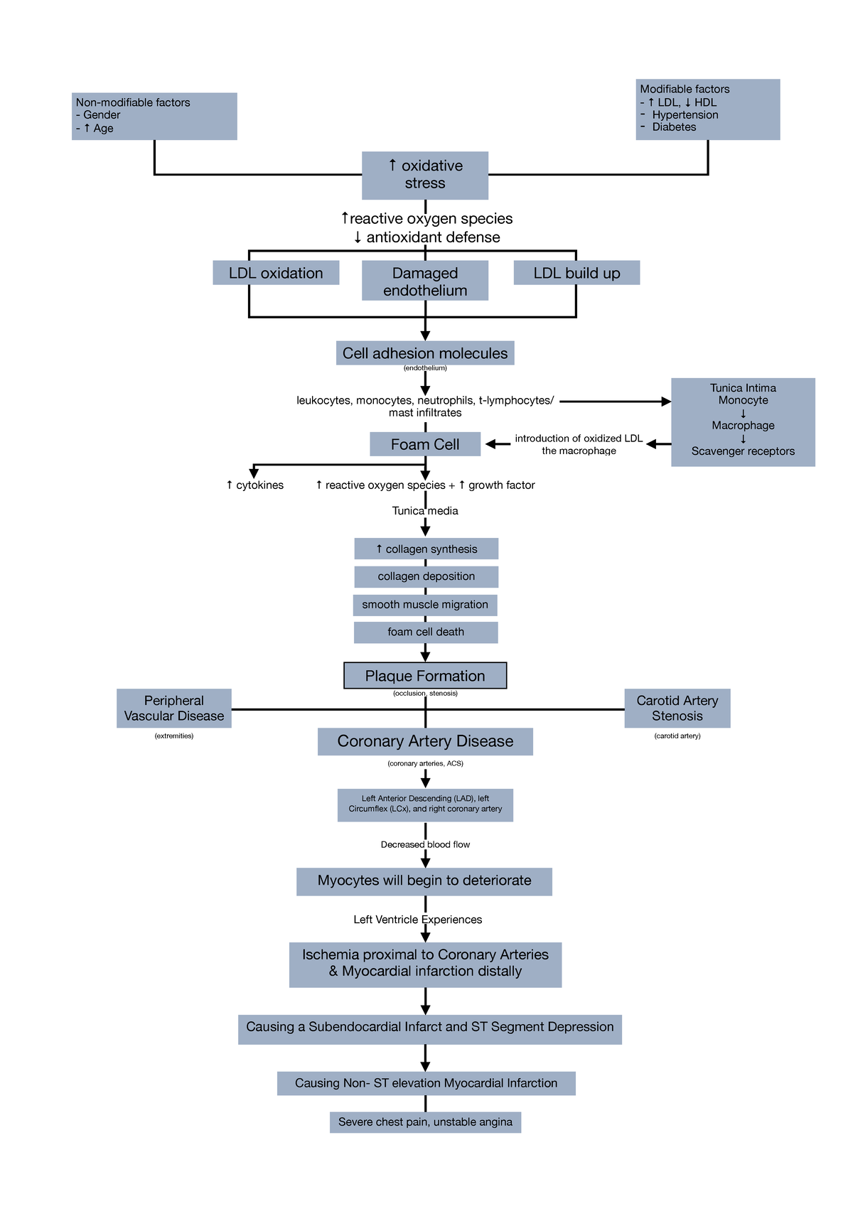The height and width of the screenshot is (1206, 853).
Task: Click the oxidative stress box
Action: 424,175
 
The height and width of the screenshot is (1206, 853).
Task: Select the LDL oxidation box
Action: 276,273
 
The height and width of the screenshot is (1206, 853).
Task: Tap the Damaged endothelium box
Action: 424,281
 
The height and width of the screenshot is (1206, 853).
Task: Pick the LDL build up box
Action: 576,273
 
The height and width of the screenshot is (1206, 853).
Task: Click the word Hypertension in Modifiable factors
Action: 685,114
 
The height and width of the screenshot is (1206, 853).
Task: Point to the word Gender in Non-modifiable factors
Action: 102,114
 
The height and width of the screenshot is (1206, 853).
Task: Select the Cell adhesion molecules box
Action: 424,353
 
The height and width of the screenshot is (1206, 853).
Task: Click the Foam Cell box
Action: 424,444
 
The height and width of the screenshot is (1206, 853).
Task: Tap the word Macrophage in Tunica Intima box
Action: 743,425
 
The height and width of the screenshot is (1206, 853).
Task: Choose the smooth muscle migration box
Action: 424,605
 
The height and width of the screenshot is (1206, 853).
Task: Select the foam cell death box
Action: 425,632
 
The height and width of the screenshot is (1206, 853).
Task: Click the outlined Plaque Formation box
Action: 424,676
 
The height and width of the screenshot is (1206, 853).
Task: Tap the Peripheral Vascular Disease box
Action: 173,708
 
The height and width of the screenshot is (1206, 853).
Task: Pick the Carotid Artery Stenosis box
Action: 677,708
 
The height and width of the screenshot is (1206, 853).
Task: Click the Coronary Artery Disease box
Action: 424,741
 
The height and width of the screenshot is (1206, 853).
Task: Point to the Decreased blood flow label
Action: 425,844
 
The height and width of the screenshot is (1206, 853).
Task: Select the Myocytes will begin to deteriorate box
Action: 424,881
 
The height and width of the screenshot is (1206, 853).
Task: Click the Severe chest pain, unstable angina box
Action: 425,1121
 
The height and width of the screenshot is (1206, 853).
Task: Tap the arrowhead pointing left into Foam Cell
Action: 490,444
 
